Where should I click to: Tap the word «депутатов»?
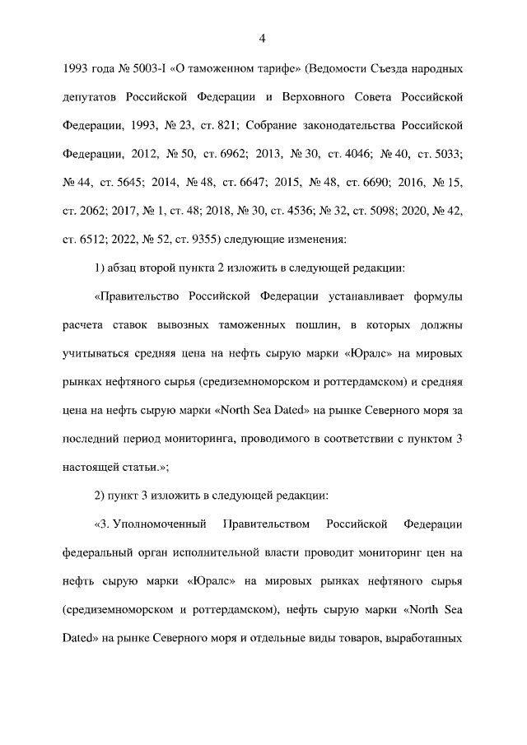(x=90, y=95)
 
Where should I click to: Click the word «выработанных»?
(x=426, y=639)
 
